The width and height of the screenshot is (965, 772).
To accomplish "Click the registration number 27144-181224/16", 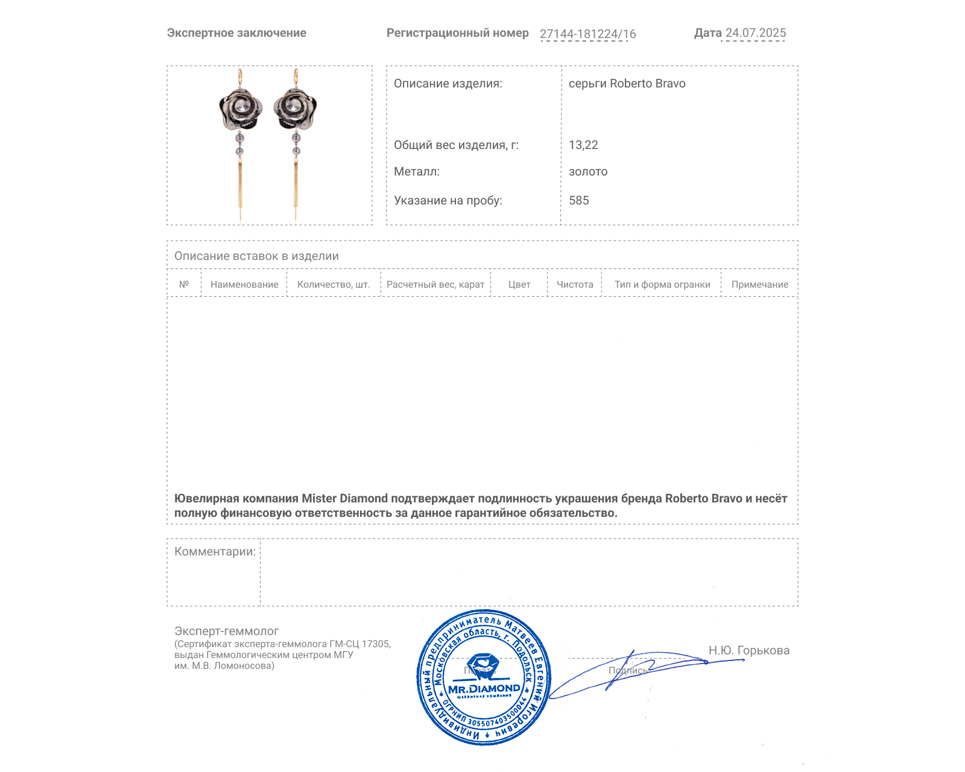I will click(587, 34).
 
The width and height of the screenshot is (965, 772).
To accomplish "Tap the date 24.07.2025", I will click(755, 33).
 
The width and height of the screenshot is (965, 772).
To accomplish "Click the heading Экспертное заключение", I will click(236, 33).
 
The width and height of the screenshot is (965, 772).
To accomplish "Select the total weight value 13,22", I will click(583, 145).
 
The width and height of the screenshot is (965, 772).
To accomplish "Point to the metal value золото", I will click(588, 171).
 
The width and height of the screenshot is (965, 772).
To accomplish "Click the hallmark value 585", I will click(578, 200).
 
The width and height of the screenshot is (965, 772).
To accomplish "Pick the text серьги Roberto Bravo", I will click(627, 83).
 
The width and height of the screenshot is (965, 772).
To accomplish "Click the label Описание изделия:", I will click(448, 83).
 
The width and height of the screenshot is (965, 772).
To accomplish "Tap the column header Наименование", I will click(244, 284).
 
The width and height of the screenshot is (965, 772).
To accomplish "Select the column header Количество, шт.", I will click(334, 284).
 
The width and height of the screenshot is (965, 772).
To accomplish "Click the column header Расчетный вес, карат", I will click(435, 284).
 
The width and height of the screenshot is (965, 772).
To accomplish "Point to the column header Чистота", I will click(574, 284).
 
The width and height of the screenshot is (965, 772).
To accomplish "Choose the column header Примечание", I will click(759, 284).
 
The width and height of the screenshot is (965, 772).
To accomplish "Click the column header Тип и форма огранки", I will click(662, 284).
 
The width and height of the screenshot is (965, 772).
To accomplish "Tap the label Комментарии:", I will click(215, 551).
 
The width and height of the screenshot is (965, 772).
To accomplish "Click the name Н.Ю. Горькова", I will click(748, 650).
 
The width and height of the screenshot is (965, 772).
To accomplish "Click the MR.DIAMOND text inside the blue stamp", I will click(484, 688).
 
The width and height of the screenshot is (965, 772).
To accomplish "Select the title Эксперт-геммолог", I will click(226, 631).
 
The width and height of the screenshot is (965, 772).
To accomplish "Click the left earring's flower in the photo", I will click(241, 109).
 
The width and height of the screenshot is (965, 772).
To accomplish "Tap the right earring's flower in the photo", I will click(295, 109).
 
